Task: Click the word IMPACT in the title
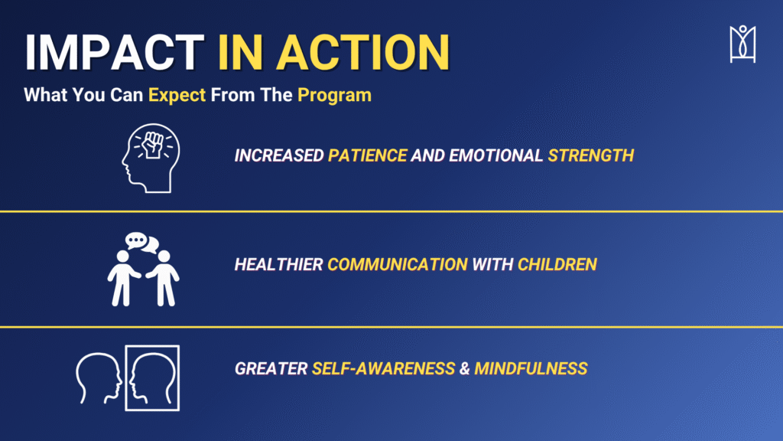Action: tap(115, 53)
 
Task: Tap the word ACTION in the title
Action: tap(363, 53)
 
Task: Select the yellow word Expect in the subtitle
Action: tap(177, 95)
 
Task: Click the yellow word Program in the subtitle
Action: tap(334, 95)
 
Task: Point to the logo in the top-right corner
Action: tap(742, 44)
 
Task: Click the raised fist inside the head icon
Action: tap(153, 145)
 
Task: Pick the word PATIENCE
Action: tap(368, 155)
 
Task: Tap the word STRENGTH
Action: tap(591, 155)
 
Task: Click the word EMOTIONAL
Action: tap(495, 155)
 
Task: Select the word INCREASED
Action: tap(279, 155)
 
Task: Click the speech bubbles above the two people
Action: tap(141, 243)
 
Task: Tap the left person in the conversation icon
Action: tap(123, 278)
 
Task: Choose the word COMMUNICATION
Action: tap(398, 264)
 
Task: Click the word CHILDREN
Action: tap(557, 264)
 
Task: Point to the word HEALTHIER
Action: tap(278, 264)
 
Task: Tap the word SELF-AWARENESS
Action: tap(384, 369)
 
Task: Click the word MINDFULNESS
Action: tap(531, 369)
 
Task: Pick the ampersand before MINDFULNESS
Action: tap(465, 369)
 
